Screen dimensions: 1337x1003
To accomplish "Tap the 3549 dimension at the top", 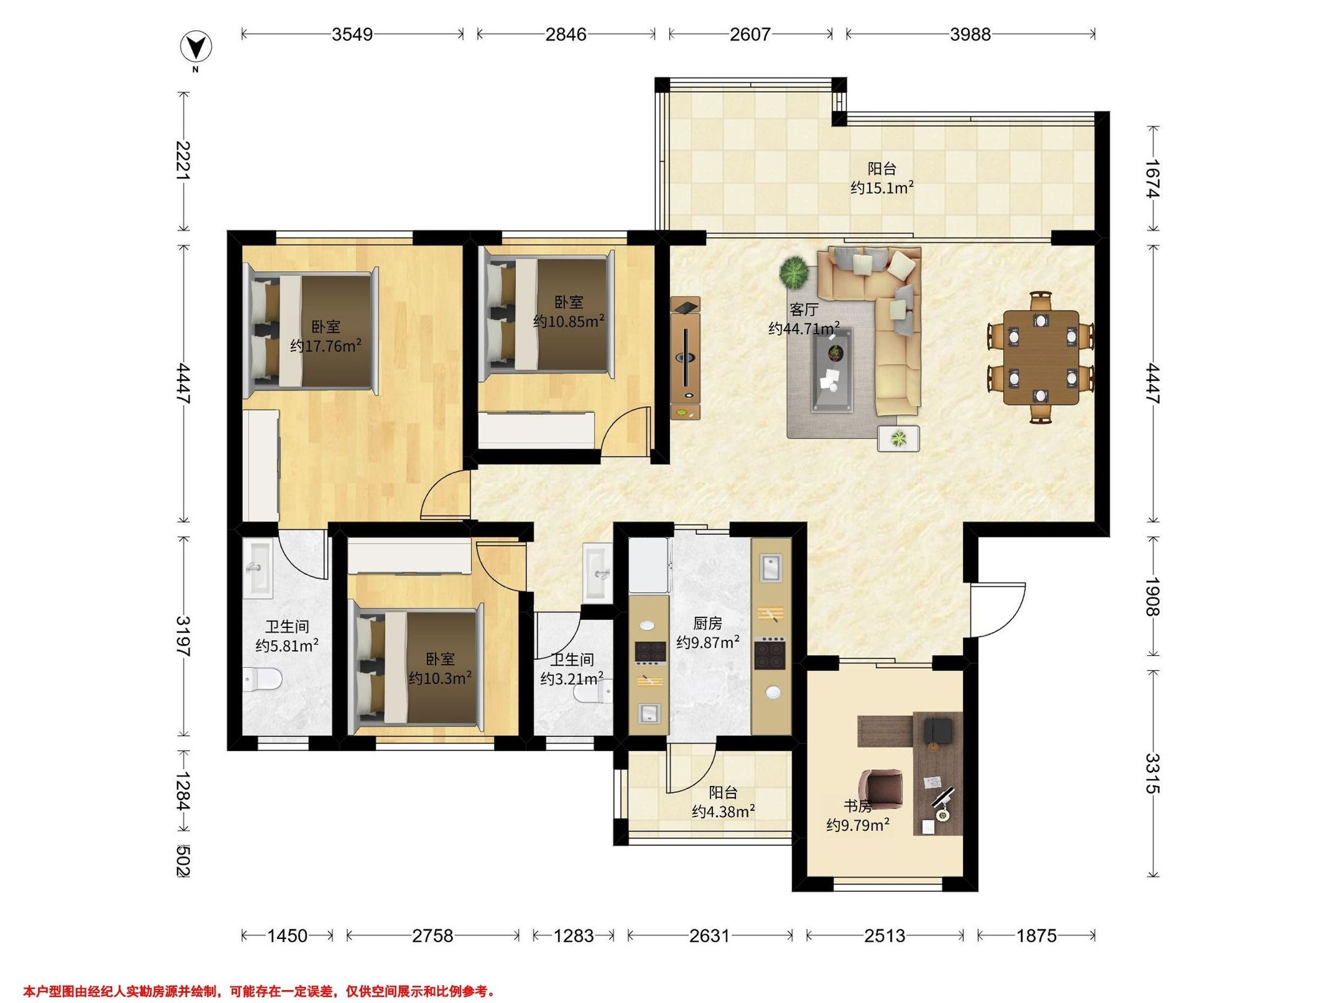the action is tap(353, 35).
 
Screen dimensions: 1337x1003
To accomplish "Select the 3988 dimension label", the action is tap(970, 35).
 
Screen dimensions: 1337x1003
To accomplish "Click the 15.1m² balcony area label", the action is tap(882, 188).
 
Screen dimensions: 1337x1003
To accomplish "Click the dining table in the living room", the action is tap(1041, 357).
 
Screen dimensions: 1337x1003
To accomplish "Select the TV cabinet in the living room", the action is tap(685, 357).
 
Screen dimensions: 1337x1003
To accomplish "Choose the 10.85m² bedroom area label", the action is tap(569, 321).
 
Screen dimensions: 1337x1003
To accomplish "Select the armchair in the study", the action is tap(884, 790).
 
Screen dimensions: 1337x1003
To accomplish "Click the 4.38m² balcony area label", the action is tap(724, 812).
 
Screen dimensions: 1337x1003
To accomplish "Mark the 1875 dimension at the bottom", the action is tap(1036, 936).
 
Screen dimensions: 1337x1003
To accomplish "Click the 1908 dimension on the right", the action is tap(1153, 597).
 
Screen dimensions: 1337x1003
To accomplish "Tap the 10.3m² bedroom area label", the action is tap(440, 678).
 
